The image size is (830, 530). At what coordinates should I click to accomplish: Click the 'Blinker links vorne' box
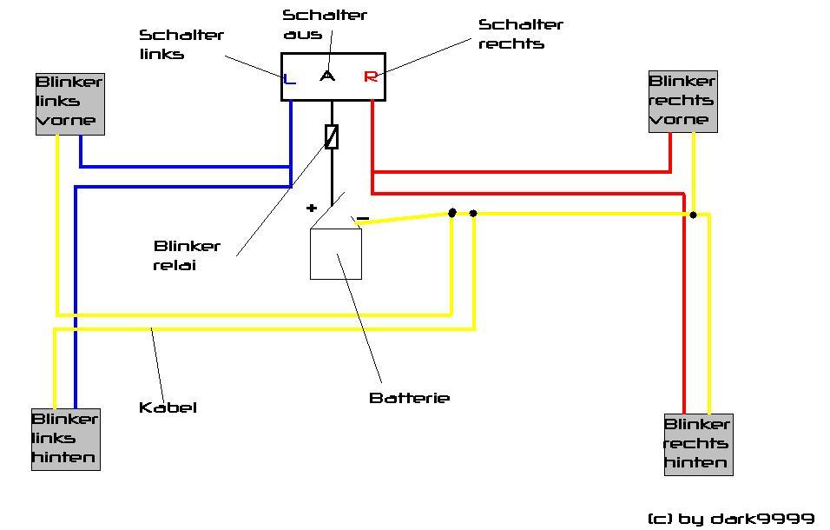point(69,103)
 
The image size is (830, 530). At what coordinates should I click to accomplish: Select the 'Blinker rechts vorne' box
point(683,102)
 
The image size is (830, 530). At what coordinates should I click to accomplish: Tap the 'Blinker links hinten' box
point(66,439)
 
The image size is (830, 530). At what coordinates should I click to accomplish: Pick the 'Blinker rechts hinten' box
point(697,444)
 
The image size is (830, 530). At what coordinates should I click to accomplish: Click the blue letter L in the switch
point(290,79)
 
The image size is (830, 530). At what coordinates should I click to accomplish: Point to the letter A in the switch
point(327,76)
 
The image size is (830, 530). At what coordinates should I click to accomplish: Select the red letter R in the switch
point(371,76)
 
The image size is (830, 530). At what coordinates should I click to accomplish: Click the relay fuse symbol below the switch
point(331,136)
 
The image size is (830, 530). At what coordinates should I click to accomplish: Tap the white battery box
point(336,254)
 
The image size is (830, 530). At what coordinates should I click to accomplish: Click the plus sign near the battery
point(312,209)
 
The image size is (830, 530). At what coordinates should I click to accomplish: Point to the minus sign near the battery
point(363,218)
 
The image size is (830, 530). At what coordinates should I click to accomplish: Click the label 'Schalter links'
point(181,44)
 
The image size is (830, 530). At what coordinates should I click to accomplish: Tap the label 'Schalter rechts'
point(521,34)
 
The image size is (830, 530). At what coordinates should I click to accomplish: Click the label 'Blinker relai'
point(187,255)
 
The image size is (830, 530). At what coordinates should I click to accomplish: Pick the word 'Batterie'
point(409,398)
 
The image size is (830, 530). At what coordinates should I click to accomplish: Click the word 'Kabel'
point(168,407)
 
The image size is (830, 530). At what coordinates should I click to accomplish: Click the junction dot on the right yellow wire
point(693,214)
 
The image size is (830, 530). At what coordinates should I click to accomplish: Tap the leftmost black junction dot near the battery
point(452,212)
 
